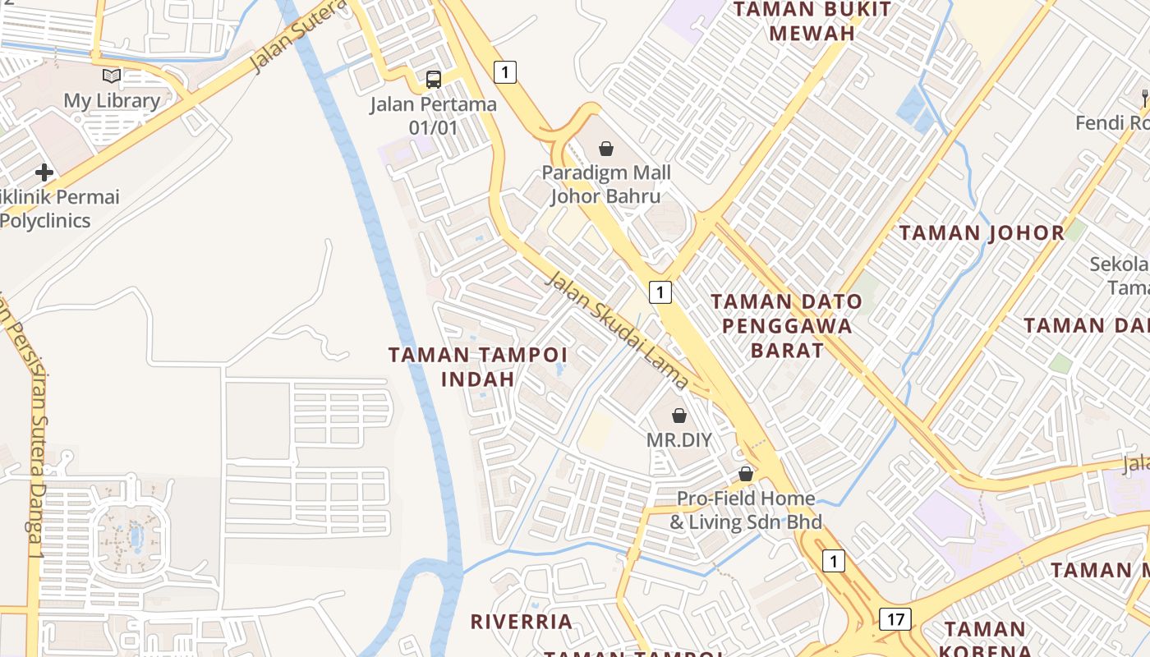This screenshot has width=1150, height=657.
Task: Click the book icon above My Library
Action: [112, 76]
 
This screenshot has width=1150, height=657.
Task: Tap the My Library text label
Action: [112, 101]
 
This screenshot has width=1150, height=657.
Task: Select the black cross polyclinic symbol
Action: [44, 172]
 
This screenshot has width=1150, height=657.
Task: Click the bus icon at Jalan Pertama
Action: [434, 80]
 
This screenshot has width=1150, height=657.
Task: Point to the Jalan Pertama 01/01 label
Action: [433, 116]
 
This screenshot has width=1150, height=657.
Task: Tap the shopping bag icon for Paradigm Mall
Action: [606, 149]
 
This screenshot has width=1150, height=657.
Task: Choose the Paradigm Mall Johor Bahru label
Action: [606, 185]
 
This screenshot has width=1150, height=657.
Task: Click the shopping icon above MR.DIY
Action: [679, 416]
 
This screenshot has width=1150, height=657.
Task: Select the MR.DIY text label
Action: [679, 439]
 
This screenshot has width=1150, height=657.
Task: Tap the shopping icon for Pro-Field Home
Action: [746, 474]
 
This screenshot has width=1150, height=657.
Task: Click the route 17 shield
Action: [895, 618]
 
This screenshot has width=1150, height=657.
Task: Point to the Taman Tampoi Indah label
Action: [478, 366]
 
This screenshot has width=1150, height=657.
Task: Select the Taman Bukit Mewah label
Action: [812, 21]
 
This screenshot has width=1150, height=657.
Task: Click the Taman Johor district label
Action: [982, 232]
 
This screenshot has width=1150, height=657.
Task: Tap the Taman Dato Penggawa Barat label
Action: [787, 326]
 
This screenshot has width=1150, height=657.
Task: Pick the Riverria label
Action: [522, 621]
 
